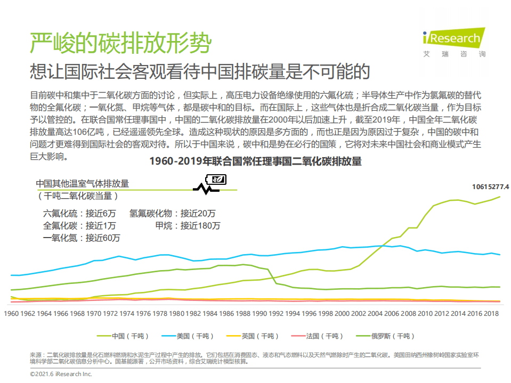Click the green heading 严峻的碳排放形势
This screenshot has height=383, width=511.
coord(120,43)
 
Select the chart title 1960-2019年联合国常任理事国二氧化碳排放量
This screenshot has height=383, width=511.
coord(255,161)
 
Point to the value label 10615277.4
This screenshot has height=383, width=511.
coord(490,187)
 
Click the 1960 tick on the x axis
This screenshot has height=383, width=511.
coord(11,314)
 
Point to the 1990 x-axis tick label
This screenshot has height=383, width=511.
coord(259,314)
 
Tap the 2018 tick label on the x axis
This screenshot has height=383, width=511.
coord(491,314)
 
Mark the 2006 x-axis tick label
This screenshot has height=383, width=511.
coord(392,314)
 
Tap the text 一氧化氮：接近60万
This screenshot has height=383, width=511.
coord(82,238)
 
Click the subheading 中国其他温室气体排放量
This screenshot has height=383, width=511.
coord(83,183)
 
